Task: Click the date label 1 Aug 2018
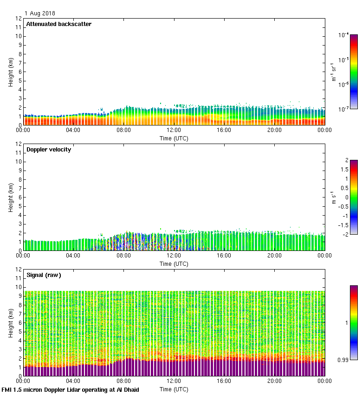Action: coord(40,13)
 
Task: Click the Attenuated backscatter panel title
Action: coord(58,24)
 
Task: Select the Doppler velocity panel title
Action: coord(49,149)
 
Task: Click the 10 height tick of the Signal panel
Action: coord(18,287)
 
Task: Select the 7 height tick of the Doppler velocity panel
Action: coord(19,188)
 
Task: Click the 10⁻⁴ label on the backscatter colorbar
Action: coord(344,35)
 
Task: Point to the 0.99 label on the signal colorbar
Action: coord(343,360)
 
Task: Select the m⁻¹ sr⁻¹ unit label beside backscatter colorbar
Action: coord(334,72)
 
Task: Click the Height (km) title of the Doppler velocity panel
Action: coord(10,197)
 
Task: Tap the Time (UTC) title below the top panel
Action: coord(174,138)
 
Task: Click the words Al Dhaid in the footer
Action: coord(128,390)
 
